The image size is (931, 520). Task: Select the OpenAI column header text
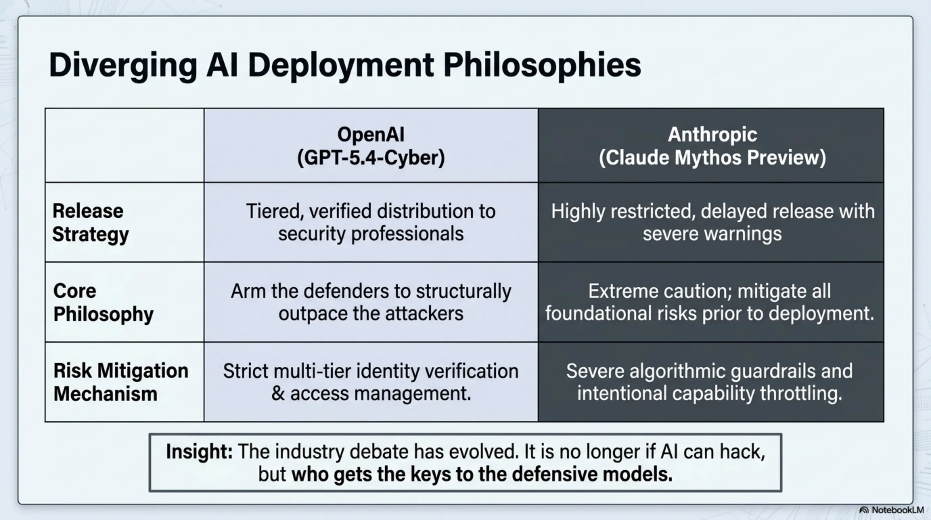point(371,134)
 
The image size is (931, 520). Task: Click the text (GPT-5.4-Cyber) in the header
point(371,158)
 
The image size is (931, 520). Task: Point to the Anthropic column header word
point(712,134)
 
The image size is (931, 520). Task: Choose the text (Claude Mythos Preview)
point(712,158)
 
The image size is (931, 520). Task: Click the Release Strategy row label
point(90,222)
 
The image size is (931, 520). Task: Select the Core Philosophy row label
point(103,302)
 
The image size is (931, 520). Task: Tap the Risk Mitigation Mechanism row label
point(121,382)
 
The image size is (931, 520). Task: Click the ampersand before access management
point(278,393)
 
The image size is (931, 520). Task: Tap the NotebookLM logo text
point(898,510)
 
